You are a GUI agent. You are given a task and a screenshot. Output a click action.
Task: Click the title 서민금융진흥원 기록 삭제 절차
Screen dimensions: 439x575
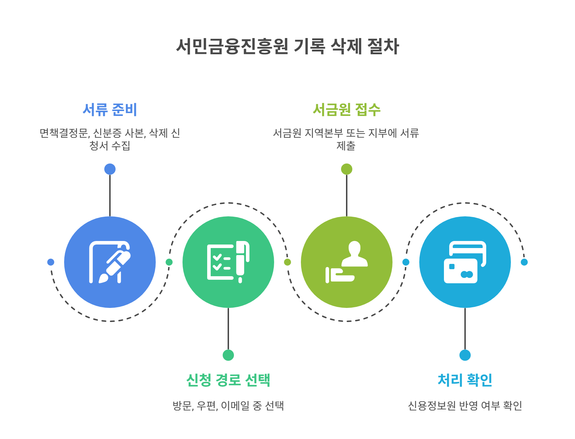(287, 46)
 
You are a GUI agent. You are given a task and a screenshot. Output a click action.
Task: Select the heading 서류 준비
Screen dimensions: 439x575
(110, 110)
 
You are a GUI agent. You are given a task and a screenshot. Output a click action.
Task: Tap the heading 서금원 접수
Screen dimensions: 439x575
(346, 110)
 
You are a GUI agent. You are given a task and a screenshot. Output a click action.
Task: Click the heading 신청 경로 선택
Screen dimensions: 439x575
(228, 380)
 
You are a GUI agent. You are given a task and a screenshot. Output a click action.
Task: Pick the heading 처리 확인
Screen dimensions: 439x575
(465, 380)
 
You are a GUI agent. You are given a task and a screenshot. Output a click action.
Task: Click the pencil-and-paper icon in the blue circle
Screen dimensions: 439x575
(110, 262)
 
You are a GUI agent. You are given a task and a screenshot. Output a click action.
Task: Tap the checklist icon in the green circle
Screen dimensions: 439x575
(228, 262)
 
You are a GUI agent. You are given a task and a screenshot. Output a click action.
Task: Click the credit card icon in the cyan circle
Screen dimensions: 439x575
(465, 262)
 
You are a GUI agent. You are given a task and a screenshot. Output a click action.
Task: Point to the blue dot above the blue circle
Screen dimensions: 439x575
(110, 169)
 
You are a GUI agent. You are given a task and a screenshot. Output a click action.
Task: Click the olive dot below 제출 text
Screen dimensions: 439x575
(347, 169)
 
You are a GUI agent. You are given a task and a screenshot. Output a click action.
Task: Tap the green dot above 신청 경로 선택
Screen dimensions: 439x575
(228, 355)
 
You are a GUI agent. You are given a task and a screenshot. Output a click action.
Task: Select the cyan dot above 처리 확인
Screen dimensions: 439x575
(465, 355)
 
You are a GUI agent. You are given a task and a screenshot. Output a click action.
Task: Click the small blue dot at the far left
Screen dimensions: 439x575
(51, 262)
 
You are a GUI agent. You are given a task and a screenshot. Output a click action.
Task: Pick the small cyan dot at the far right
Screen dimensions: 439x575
(524, 262)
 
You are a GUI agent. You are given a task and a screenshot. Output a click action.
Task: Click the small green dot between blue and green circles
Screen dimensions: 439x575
(169, 262)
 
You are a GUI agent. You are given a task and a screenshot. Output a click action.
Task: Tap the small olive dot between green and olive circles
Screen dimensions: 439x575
(287, 262)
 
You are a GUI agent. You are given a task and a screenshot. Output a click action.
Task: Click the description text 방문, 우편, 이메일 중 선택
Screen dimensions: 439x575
(228, 406)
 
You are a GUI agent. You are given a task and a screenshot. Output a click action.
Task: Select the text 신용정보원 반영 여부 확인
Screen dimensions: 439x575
(465, 406)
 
